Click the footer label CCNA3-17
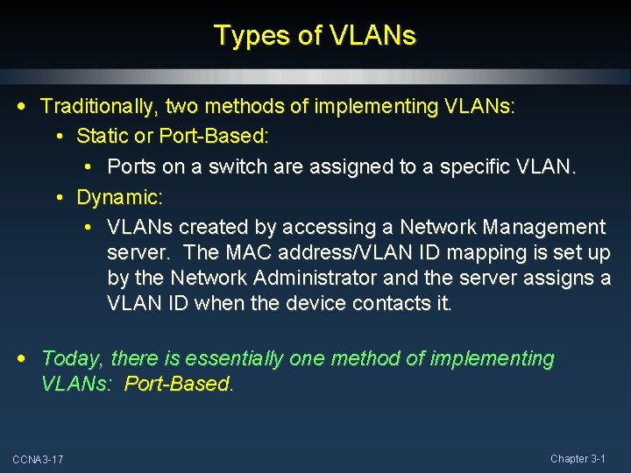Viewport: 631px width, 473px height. tap(38, 460)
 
